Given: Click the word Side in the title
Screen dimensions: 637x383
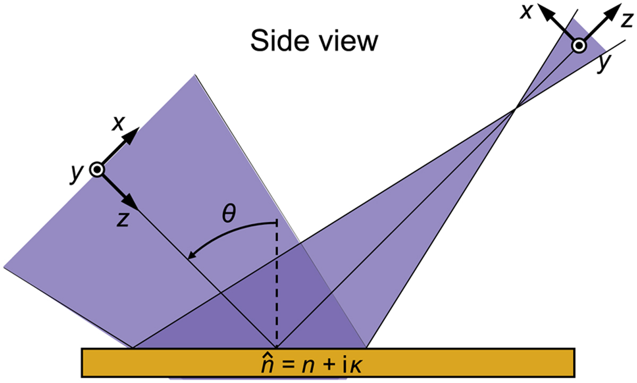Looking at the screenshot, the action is click(x=280, y=41).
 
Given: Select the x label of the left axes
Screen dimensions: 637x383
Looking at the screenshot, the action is click(x=118, y=123).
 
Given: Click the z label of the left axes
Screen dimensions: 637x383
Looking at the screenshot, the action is click(x=123, y=219).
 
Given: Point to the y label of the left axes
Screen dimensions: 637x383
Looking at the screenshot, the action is click(x=76, y=173).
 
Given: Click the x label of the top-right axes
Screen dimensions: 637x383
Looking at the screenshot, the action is click(x=526, y=12).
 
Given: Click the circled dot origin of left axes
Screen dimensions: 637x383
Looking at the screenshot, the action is click(x=97, y=170).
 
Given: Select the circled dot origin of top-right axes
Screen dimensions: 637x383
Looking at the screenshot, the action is click(x=579, y=46).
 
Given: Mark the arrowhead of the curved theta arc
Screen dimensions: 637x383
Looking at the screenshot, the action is click(x=193, y=255).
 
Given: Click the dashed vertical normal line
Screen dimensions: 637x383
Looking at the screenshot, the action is click(x=276, y=284).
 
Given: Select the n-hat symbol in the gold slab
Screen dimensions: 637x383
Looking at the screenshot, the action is click(x=267, y=364).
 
